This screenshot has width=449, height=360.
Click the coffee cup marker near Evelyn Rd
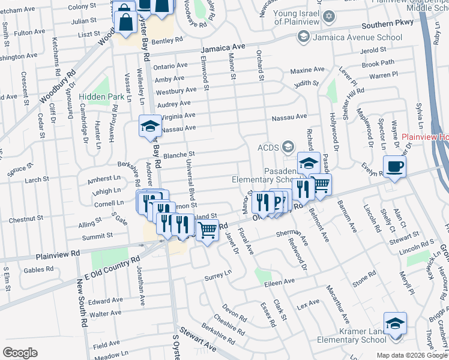click(x=394, y=167)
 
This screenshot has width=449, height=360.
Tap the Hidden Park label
click(x=103, y=96)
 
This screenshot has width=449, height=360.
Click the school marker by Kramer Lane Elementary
click(x=395, y=325)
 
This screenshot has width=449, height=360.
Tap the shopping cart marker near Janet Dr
click(x=208, y=229)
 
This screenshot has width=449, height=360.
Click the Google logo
click(x=20, y=352)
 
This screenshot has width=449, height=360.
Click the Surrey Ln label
click(x=218, y=275)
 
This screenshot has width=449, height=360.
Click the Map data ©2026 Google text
click(x=411, y=355)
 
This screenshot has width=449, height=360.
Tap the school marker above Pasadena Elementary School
click(x=309, y=163)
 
